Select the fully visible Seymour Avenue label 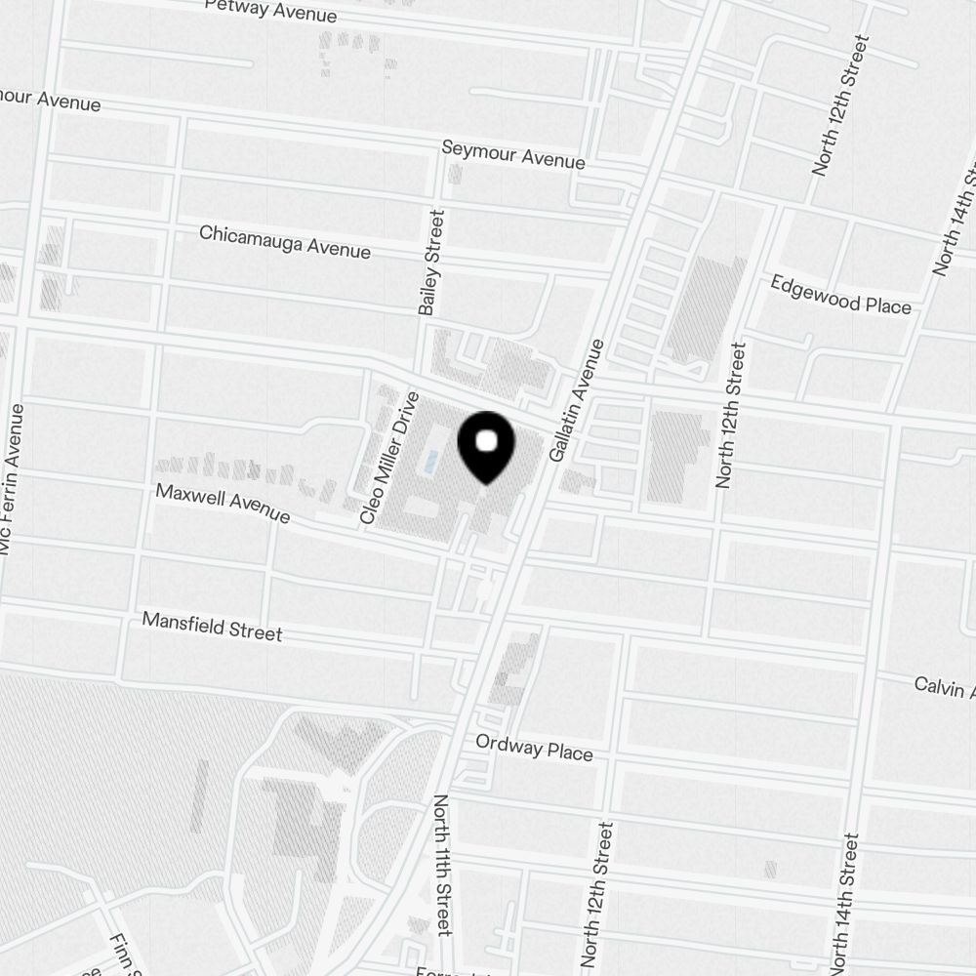tap(513, 154)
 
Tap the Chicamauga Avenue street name tap(285, 242)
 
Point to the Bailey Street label tap(431, 262)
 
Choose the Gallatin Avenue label tap(578, 401)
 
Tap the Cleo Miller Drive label tap(390, 459)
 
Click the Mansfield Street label tap(212, 627)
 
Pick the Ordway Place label tap(534, 749)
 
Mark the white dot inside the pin tap(485, 441)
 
